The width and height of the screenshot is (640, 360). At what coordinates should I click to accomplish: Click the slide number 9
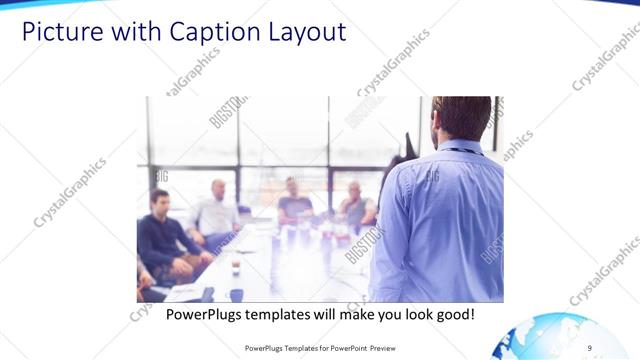pyautogui.click(x=590, y=347)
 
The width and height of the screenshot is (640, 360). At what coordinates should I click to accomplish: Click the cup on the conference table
pyautogui.click(x=236, y=266)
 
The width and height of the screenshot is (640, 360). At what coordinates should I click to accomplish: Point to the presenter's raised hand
pyautogui.click(x=407, y=145)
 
